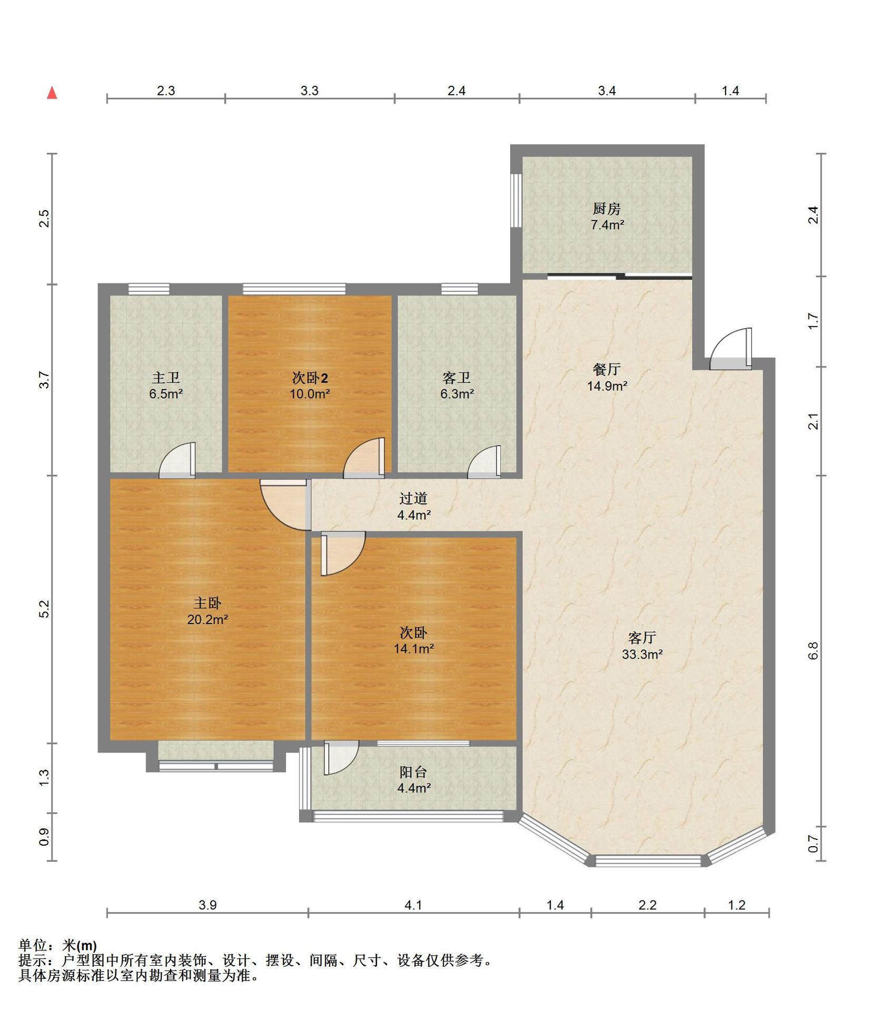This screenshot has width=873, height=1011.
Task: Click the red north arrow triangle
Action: coord(52,93)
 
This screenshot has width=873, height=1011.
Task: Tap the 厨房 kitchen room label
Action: coord(607,209)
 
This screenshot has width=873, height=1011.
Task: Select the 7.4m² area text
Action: coord(607,225)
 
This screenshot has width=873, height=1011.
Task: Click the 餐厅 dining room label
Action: coord(607,369)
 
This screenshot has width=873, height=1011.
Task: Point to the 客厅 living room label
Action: coord(642,638)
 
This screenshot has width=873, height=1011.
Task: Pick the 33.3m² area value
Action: coord(642,655)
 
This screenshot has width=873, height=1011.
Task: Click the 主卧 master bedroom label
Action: coord(207,603)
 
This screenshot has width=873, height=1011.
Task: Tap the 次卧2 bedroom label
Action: coord(310,378)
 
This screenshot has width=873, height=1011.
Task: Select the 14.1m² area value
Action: coord(414,649)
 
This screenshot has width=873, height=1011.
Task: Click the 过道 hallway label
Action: coord(413,498)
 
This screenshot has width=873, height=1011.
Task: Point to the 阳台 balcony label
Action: coord(413,772)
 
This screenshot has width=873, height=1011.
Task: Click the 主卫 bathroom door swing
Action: coord(177,460)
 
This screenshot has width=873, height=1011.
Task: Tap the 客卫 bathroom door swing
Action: coord(484,462)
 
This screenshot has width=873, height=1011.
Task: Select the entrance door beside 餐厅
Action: coord(731,349)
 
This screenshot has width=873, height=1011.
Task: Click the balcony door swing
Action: coord(341,758)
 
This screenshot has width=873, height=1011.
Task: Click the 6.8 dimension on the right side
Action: coord(814,651)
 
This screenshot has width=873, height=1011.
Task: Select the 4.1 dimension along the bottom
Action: coord(413,905)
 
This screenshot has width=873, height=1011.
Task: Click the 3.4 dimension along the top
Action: coord(607,91)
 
